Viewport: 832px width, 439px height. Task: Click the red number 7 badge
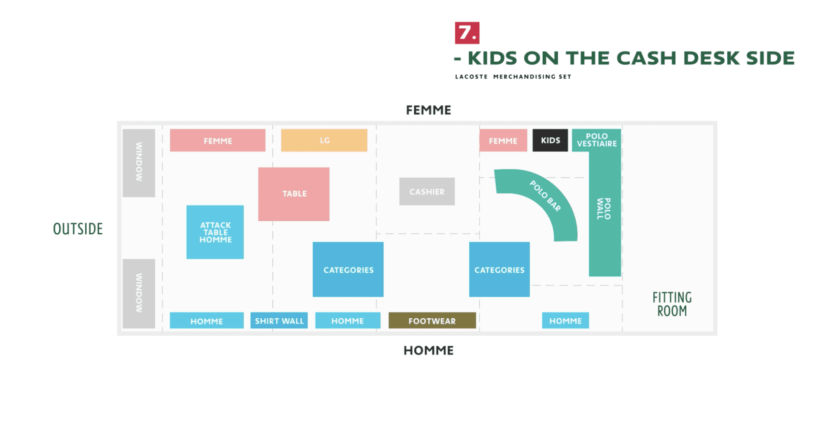click(x=467, y=33)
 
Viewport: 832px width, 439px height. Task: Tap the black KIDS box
click(x=550, y=140)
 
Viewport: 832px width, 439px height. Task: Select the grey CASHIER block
click(x=427, y=192)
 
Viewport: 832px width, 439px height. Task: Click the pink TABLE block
click(x=294, y=194)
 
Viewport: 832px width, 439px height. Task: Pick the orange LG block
click(x=324, y=140)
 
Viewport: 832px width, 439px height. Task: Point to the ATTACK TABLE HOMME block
click(x=215, y=232)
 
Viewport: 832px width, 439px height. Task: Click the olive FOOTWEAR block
click(x=432, y=321)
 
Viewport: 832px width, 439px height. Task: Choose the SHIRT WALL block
click(x=279, y=321)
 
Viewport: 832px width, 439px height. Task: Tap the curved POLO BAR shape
click(x=545, y=196)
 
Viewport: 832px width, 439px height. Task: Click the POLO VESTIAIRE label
click(x=596, y=140)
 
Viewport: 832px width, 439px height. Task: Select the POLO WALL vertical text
click(x=604, y=209)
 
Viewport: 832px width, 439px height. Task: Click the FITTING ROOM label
click(x=672, y=304)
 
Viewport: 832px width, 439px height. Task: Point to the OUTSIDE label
click(x=78, y=229)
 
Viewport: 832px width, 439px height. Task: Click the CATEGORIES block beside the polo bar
click(x=499, y=270)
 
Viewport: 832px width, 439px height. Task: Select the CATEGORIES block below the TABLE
click(x=348, y=270)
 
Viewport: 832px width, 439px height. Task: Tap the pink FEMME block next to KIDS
click(x=503, y=141)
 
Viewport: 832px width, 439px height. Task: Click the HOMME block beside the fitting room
click(x=565, y=321)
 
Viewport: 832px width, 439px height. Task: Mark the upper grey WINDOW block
click(x=139, y=163)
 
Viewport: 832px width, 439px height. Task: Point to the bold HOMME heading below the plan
click(x=428, y=350)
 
